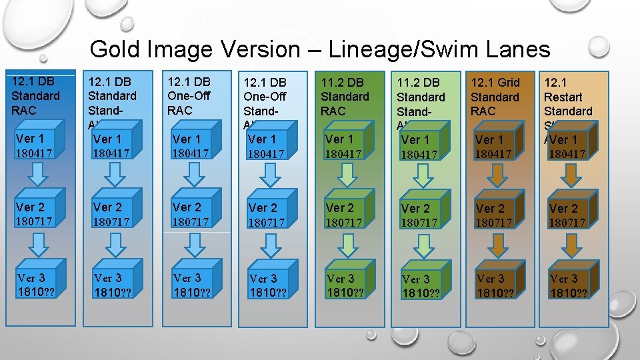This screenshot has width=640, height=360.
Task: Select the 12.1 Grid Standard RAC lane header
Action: [x=495, y=97]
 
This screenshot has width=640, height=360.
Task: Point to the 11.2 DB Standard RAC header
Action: [x=345, y=97]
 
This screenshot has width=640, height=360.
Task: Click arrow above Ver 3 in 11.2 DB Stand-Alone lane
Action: [x=421, y=246]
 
